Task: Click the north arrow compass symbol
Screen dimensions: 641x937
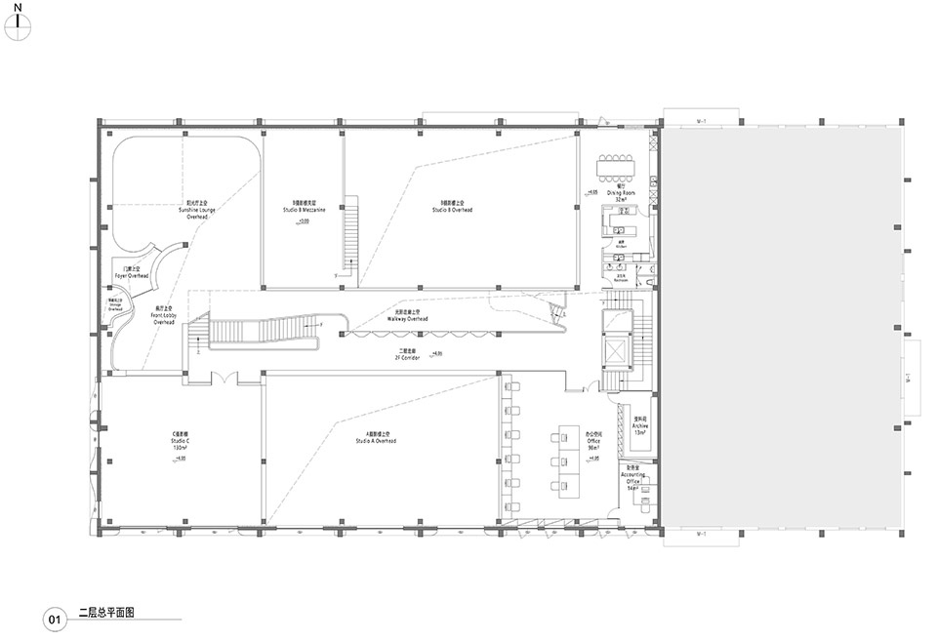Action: [18, 27]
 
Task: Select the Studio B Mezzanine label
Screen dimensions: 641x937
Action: [303, 210]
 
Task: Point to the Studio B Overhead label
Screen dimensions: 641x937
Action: [456, 208]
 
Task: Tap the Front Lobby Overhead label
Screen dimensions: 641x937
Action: [163, 317]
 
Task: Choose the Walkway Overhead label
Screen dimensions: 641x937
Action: [408, 317]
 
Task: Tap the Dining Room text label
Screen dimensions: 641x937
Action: [614, 194]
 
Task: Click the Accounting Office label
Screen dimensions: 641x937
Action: [632, 480]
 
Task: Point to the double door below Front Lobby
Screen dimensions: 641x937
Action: [222, 377]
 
